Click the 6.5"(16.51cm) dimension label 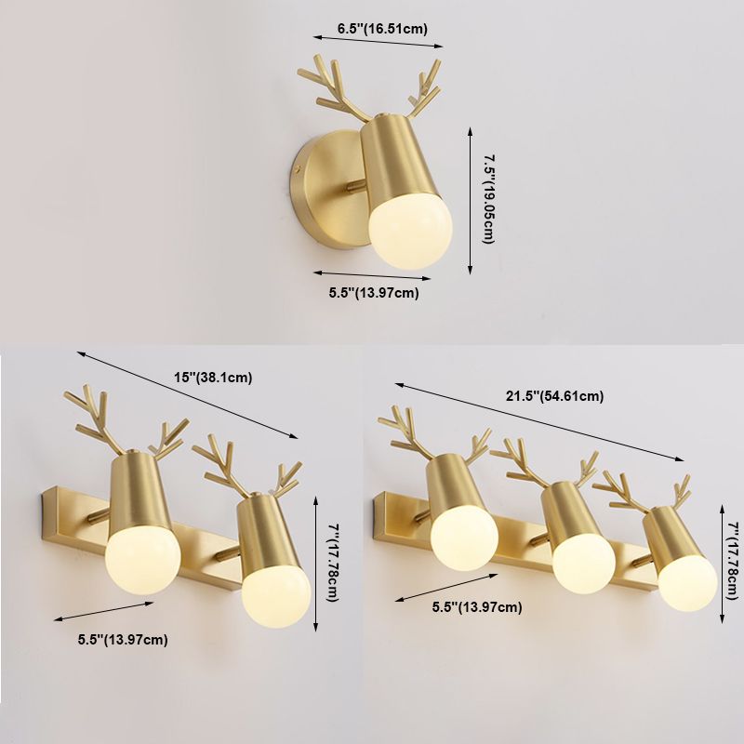382,29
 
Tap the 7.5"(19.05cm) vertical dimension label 488,199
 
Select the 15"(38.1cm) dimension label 213,378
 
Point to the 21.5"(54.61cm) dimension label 554,395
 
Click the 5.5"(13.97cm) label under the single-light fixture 374,292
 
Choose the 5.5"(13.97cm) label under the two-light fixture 123,640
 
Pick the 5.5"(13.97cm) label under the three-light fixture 477,607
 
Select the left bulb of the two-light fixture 143,566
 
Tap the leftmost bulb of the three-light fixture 464,538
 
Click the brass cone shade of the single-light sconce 392,157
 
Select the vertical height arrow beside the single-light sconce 471,200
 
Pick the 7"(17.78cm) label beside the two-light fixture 333,563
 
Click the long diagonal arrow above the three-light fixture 539,421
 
